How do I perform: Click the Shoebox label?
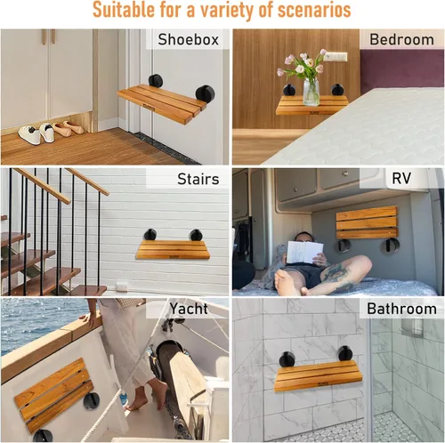[188, 39]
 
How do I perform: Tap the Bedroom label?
[401, 39]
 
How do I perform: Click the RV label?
[414, 179]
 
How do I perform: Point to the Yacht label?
[190, 309]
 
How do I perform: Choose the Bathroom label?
[401, 310]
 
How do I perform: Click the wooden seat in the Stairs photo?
[173, 249]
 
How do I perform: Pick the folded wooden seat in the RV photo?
[366, 222]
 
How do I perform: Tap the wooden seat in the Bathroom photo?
[318, 375]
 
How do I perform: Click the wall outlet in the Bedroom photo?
[336, 57]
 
